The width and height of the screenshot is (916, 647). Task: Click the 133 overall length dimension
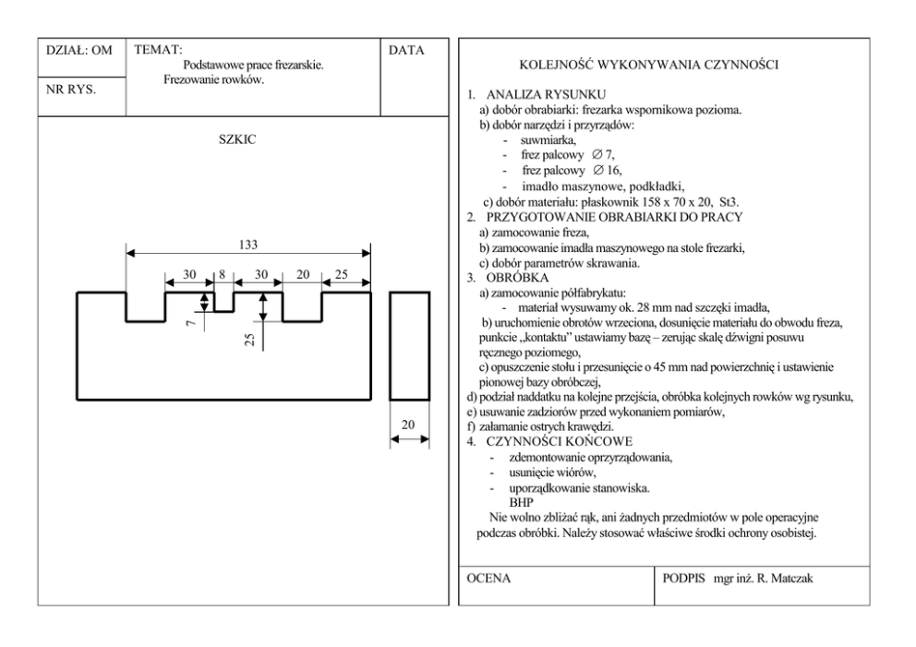tap(247, 245)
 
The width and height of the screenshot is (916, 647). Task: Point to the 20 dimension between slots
tap(302, 275)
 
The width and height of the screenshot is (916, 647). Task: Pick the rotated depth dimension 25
tap(249, 340)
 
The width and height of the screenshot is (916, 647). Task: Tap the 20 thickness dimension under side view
tap(408, 425)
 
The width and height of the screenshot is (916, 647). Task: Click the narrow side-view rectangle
tap(408, 344)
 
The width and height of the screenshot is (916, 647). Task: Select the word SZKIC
tap(238, 140)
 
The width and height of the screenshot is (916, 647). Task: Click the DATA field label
tap(406, 50)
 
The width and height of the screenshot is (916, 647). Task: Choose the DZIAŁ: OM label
tap(79, 50)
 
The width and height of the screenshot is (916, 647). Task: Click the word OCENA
tap(489, 579)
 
